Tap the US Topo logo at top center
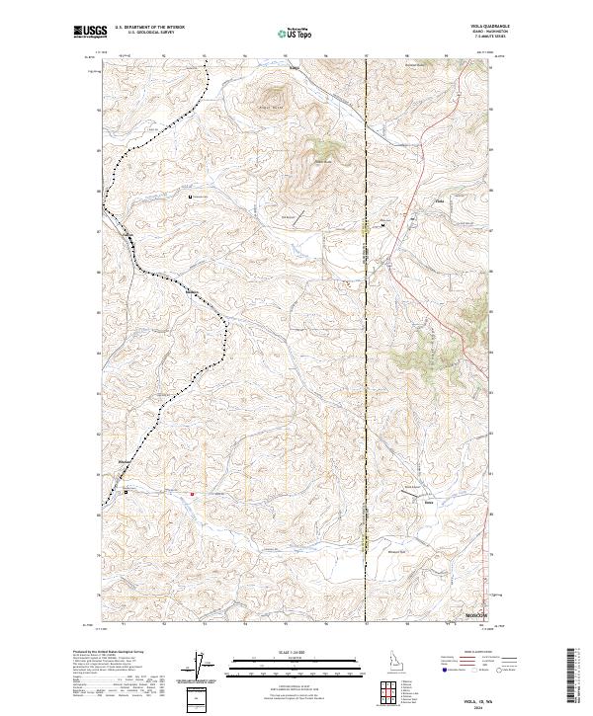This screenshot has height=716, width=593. [296, 34]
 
